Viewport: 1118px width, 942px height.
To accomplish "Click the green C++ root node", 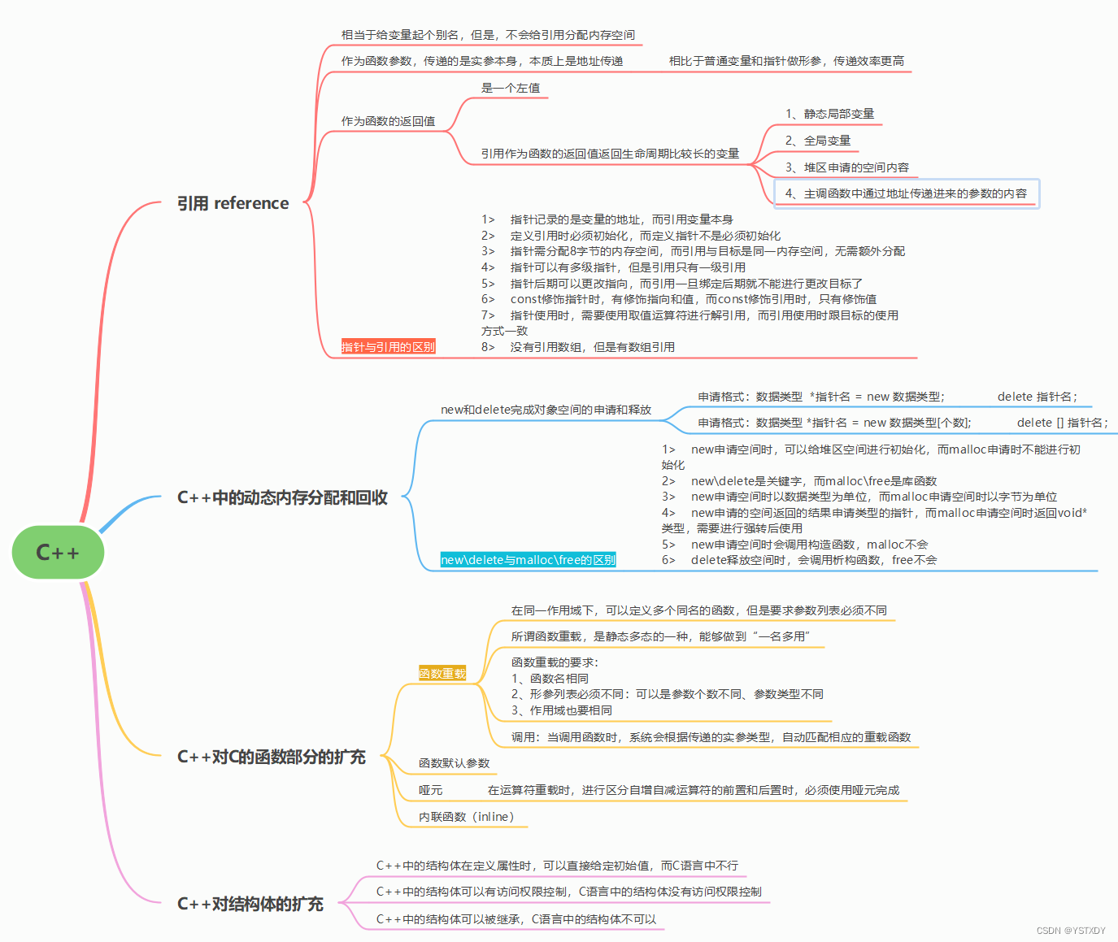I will point(58,553).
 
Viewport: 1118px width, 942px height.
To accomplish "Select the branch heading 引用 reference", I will point(233,203).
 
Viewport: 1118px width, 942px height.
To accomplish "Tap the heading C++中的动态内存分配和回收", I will point(282,497).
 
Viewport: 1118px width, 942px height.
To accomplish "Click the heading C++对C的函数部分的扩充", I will point(271,757).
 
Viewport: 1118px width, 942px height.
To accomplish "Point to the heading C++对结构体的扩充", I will point(250,904).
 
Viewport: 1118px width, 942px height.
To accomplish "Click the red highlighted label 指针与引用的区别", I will point(388,347).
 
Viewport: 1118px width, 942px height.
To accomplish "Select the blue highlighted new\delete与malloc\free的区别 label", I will point(528,560).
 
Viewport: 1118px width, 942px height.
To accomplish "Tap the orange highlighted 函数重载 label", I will point(442,673).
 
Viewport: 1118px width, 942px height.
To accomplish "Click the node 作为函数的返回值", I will point(388,121).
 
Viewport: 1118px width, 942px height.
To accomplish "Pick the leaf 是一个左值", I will point(511,88).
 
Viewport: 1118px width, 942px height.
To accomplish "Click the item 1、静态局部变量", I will point(829,114).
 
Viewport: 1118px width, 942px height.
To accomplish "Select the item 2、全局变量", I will point(818,141).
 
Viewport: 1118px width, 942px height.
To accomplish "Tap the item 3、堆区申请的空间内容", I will point(846,167).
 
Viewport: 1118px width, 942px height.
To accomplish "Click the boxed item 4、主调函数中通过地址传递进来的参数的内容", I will point(906,193).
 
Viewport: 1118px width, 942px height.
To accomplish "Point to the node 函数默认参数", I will point(454,763).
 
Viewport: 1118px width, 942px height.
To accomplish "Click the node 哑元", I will point(430,790).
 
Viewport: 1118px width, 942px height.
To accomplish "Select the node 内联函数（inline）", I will point(467,817).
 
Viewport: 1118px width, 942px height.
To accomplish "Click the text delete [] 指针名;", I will point(1062,423).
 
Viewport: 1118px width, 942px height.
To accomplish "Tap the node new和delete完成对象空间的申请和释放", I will point(546,410).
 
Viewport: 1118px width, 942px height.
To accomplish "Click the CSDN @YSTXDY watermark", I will point(1071,931).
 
